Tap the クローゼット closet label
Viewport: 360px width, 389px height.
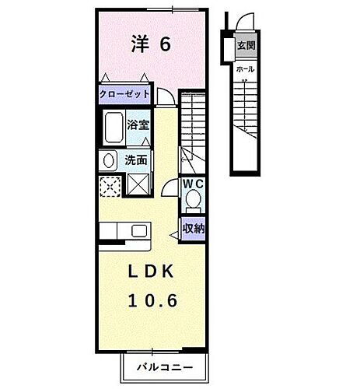pyautogui.click(x=124, y=94)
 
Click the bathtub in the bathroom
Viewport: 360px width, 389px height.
pyautogui.click(x=114, y=127)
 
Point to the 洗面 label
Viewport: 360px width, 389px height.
pyautogui.click(x=136, y=161)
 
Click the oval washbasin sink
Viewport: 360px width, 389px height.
pyautogui.click(x=109, y=161)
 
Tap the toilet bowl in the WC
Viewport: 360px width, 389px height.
pyautogui.click(x=193, y=202)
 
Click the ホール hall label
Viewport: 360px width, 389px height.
pyautogui.click(x=243, y=68)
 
